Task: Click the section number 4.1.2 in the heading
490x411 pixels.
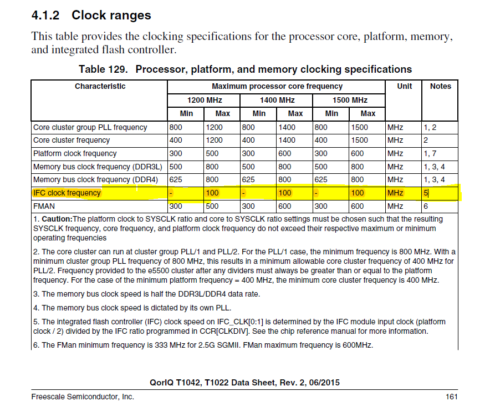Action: point(46,15)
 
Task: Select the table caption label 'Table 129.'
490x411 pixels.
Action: point(104,69)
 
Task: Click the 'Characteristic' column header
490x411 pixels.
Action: point(100,86)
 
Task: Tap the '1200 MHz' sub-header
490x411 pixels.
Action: point(204,100)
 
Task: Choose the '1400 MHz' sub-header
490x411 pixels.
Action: point(277,100)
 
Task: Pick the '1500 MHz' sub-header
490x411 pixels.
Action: point(349,100)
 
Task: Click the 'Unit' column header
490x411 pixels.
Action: point(405,86)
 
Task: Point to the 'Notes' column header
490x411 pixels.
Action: point(440,86)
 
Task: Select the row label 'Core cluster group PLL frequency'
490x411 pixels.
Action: point(90,127)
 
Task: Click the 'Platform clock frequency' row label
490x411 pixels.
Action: point(75,153)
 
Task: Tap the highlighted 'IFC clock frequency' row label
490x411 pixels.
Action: point(67,193)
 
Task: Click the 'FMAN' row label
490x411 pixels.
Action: point(44,206)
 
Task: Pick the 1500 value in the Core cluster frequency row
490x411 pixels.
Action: point(359,140)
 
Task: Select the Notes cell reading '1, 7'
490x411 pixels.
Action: point(431,153)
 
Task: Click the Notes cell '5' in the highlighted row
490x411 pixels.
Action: point(426,193)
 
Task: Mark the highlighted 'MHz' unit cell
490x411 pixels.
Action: point(395,193)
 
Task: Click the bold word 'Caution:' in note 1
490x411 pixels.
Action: point(57,219)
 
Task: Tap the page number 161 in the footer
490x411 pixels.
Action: point(451,397)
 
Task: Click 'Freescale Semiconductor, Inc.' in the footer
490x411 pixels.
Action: point(83,397)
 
